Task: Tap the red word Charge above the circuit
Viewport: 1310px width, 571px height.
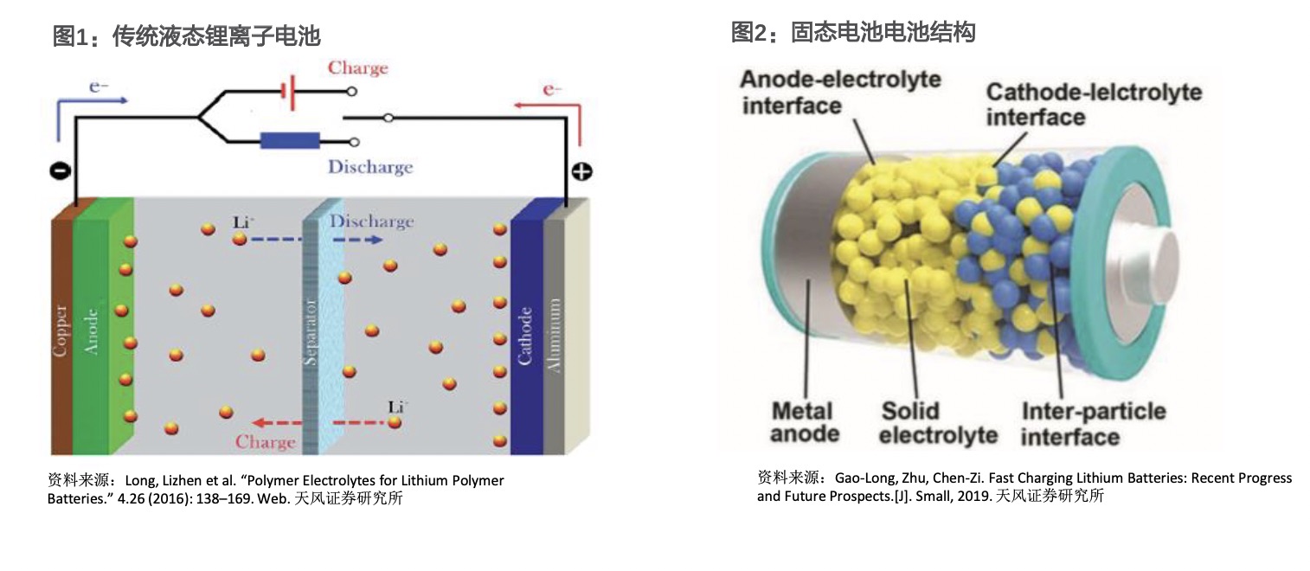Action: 357,68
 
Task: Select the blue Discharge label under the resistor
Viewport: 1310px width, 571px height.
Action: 369,167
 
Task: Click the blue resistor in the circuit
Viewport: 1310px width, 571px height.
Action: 290,140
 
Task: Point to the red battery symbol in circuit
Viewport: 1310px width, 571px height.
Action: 288,91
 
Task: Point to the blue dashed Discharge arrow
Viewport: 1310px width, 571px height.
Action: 277,239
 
